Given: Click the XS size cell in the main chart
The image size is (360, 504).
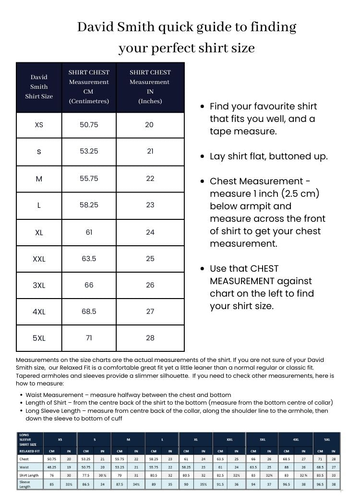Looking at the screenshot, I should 39,125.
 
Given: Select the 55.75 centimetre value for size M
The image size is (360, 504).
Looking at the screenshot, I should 89,178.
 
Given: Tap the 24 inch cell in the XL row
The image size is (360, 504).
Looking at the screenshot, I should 150,232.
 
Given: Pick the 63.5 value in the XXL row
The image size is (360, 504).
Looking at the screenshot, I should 89,259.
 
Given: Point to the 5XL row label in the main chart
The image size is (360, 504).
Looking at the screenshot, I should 39,338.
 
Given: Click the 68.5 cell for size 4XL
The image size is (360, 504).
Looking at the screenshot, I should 89,312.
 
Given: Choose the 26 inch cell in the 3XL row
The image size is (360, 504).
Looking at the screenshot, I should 150,285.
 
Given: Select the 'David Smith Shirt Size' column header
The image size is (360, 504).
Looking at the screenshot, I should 39,87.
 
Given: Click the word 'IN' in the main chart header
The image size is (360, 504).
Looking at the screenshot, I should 150,91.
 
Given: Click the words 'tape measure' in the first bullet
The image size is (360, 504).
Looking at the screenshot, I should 243,131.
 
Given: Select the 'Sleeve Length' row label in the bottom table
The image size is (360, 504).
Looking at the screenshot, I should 25,484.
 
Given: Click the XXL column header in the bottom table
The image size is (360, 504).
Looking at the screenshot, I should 229,439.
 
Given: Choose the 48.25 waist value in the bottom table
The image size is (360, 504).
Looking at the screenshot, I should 52,467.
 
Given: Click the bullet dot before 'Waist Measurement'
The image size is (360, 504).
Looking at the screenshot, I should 22,395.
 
